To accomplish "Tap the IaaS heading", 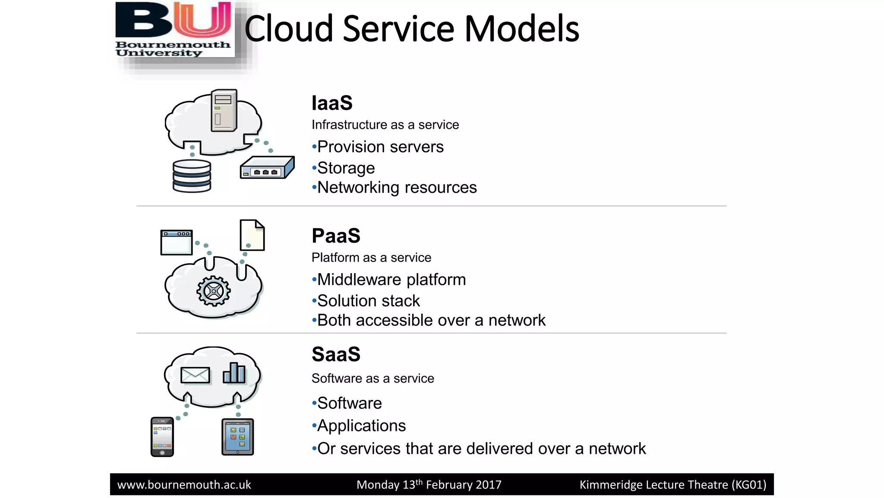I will point(332,103).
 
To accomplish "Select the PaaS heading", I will point(336,236).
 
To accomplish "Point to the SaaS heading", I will point(336,354).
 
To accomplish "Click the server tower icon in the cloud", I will point(224,110).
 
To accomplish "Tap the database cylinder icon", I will point(192,176).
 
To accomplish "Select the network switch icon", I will point(267,168).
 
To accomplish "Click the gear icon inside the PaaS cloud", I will point(213,291).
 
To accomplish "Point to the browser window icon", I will point(177,243).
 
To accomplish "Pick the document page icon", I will point(252,235).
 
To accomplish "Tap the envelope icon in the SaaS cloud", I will point(195,375).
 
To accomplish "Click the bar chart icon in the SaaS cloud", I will point(234,373).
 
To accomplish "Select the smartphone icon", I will point(162,437).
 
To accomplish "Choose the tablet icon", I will point(237,437).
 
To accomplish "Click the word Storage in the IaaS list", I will point(346,168).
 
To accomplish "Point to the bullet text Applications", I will point(361,426).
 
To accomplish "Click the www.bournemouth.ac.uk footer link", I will point(184,485).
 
